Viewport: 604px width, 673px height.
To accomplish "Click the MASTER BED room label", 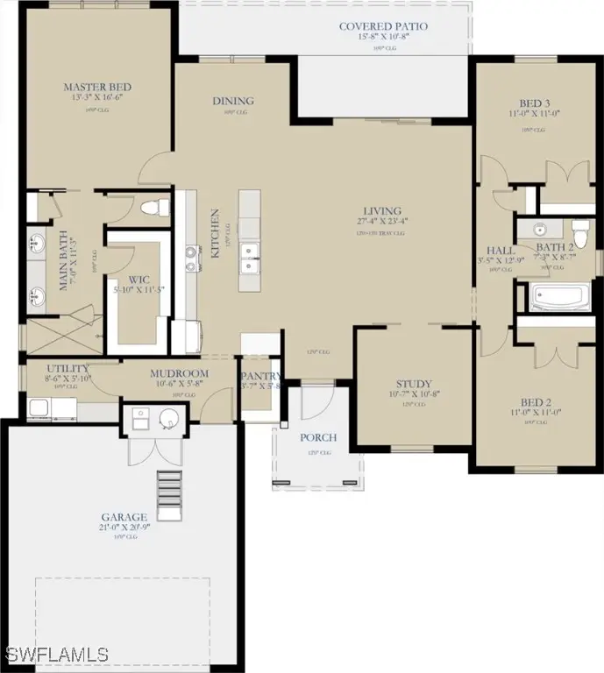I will (97, 87).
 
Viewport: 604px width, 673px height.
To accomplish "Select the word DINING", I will (232, 101).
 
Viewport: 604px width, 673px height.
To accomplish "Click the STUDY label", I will (413, 384).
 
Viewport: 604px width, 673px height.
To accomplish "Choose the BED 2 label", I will (534, 403).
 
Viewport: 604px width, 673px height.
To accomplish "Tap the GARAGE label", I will (123, 518).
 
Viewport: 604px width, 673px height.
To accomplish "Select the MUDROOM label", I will (178, 372).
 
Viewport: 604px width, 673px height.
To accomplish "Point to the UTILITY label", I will (50, 370).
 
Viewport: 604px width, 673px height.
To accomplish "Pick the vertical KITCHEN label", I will (213, 232).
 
